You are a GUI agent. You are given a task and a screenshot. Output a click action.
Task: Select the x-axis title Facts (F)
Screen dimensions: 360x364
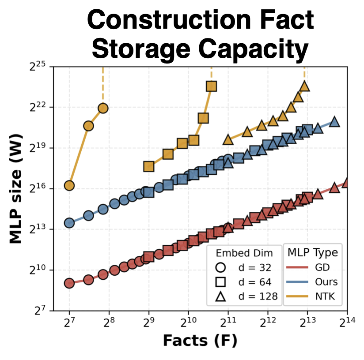[x=200, y=340]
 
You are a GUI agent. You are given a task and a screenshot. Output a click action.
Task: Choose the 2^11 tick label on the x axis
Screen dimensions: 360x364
[x=228, y=322]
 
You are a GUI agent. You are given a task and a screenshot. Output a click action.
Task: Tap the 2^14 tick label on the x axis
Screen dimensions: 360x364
[x=347, y=322]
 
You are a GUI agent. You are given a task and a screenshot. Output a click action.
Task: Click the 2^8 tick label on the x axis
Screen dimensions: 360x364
[x=109, y=322]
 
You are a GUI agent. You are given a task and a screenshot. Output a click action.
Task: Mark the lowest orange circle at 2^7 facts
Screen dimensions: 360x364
[x=69, y=185]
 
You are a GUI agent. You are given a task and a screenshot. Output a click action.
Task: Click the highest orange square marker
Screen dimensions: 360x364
[x=212, y=86]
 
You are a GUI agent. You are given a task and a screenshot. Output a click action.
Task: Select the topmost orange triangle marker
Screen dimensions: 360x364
[x=304, y=86]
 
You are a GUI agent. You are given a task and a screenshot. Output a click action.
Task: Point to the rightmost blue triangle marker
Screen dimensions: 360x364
[x=334, y=122]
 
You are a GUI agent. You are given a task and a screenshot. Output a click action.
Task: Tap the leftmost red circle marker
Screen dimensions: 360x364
[x=69, y=283]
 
